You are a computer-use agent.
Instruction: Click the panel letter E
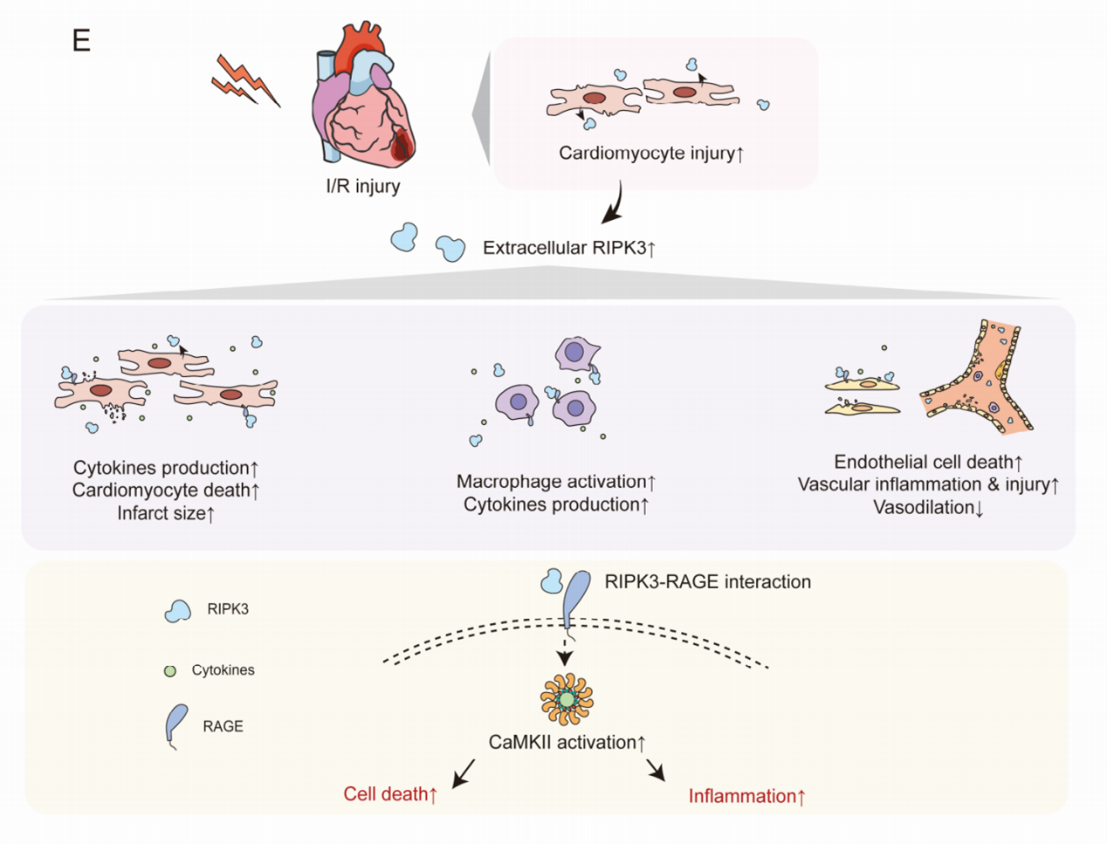pos(81,40)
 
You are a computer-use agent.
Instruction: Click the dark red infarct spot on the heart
pos(402,144)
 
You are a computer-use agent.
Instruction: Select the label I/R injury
pos(363,186)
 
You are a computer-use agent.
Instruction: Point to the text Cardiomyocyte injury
pos(647,153)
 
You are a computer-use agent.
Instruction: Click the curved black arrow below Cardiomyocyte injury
pos(616,204)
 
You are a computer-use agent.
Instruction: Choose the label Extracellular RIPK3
pos(564,248)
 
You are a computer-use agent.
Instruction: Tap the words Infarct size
pos(162,512)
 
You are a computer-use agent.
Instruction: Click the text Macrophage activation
pos(551,481)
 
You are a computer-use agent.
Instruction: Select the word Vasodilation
pos(924,507)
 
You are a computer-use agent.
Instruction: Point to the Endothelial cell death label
pos(924,462)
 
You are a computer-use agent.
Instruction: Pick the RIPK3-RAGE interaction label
pos(707,581)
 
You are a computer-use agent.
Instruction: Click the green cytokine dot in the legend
pos(170,671)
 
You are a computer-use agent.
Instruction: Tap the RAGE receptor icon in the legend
pos(176,726)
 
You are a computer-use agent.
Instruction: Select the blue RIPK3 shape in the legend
pos(177,611)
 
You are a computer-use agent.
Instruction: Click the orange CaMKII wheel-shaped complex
pos(567,699)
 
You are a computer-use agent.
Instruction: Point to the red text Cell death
pos(386,793)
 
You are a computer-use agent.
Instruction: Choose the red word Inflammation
pos(742,796)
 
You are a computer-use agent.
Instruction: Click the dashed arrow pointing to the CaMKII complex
pos(565,653)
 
